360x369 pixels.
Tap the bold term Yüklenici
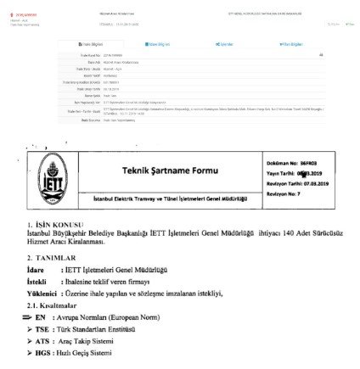coord(42,293)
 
